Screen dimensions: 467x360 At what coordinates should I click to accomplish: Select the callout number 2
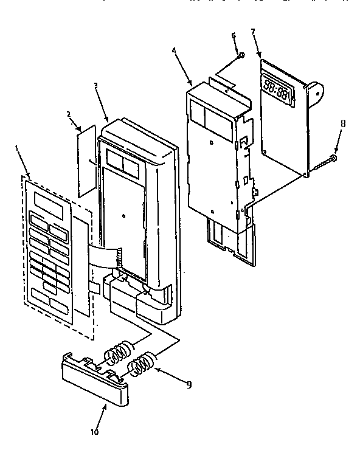point(68,114)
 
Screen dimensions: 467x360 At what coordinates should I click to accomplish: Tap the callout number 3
point(96,86)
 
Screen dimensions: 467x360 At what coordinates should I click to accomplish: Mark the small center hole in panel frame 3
point(123,215)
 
